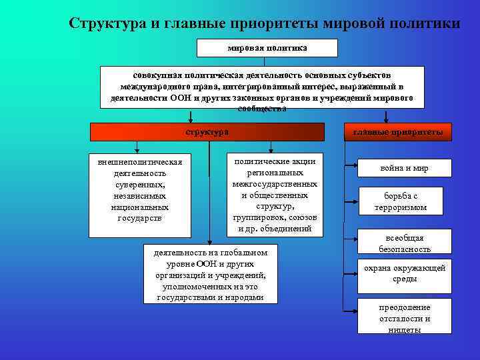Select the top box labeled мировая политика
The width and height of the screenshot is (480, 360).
coord(267,48)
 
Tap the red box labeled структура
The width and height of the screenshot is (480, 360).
coord(207,132)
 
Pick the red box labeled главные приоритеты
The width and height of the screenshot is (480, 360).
coord(397,132)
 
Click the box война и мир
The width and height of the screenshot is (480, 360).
coord(405,168)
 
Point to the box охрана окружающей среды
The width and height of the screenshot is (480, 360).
coord(405,273)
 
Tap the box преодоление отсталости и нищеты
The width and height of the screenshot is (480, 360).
coord(405,317)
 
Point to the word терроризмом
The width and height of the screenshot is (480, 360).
coord(400,208)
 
